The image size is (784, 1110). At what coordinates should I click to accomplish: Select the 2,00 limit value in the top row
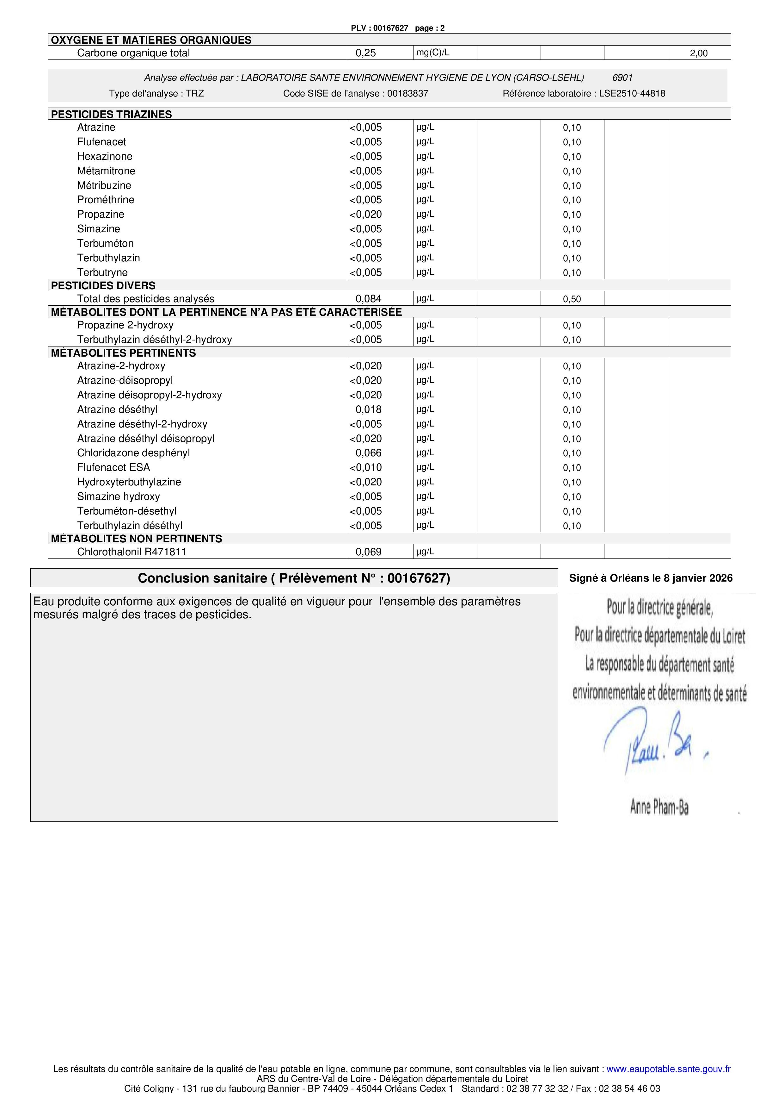[x=699, y=53]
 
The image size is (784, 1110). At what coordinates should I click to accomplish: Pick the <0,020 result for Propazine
[x=366, y=215]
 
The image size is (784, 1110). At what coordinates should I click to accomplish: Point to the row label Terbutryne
[x=102, y=273]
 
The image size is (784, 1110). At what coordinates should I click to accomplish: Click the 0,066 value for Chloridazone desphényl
[x=368, y=453]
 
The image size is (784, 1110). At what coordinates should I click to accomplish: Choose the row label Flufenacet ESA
[x=113, y=467]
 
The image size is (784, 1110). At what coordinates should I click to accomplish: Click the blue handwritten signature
[x=652, y=742]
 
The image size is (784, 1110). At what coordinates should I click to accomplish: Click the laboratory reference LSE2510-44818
[x=632, y=94]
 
